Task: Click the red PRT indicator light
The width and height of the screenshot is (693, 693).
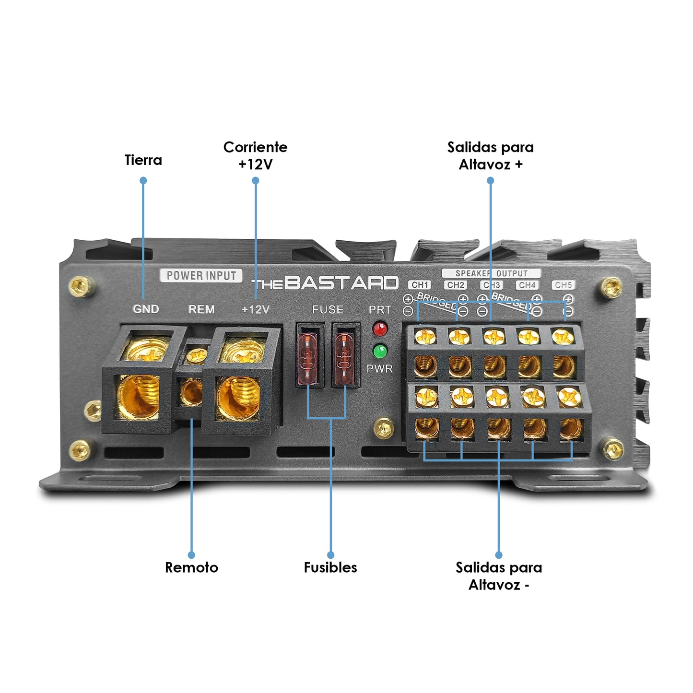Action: coord(380,329)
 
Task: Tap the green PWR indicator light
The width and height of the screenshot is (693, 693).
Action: coord(380,351)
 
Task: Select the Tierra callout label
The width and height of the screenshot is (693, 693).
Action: coord(143,160)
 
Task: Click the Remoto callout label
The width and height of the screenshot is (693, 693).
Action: coord(191,567)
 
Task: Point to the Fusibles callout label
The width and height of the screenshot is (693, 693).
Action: coord(330,567)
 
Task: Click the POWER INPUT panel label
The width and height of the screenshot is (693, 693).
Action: coord(201,276)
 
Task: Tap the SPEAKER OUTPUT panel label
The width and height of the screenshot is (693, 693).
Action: coord(491,273)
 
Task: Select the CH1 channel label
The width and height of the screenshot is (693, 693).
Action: coord(420,285)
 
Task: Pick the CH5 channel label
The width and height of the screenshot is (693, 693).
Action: coord(563,285)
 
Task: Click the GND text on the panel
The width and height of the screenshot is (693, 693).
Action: coord(146,309)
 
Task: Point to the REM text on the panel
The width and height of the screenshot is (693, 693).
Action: coord(201,309)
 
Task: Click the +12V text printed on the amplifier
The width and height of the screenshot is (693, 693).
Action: coord(256,309)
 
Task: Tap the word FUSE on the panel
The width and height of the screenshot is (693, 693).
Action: coord(328,310)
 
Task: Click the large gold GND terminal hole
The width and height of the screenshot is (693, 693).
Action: coord(138,396)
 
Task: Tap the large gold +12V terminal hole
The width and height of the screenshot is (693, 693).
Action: coord(238,398)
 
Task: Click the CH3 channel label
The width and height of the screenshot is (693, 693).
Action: coord(492,285)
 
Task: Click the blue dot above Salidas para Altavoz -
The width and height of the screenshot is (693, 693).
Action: coord(499,555)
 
